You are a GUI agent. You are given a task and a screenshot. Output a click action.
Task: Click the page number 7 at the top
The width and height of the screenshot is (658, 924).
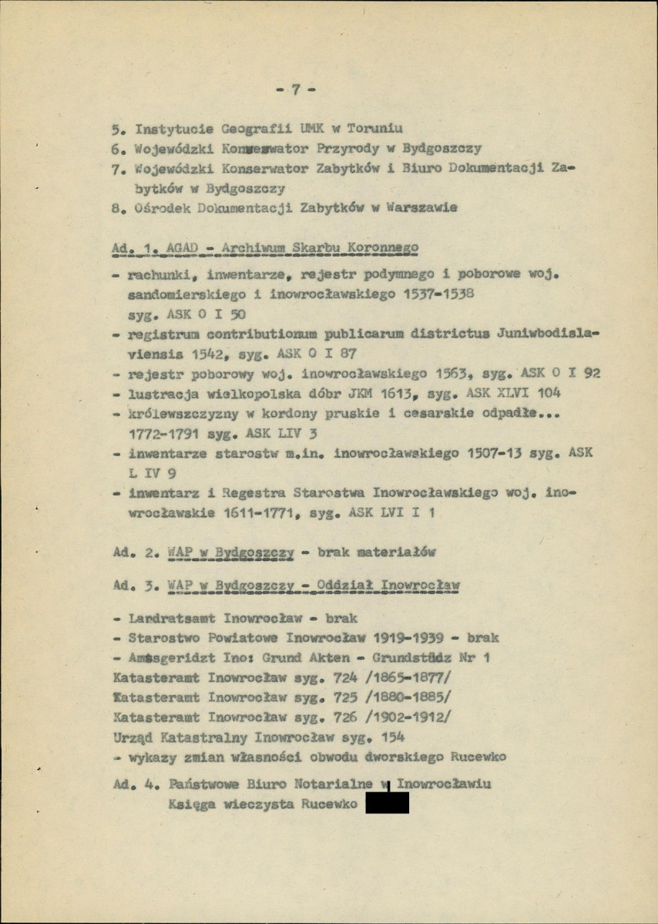tap(294, 89)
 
